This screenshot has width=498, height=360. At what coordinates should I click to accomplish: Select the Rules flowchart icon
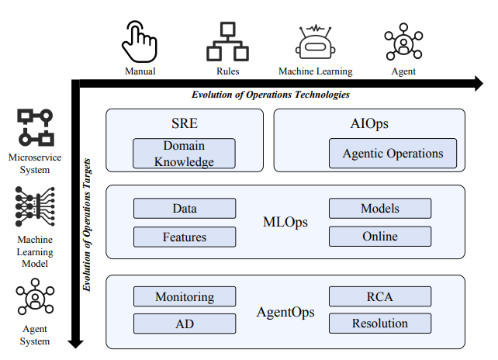pyautogui.click(x=227, y=42)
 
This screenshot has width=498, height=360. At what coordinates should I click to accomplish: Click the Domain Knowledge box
pyautogui.click(x=184, y=154)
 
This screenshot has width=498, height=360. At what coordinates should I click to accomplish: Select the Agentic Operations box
pyautogui.click(x=393, y=154)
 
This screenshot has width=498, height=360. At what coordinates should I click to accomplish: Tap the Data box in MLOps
pyautogui.click(x=184, y=209)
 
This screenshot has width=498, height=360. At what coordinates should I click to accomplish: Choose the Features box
pyautogui.click(x=184, y=237)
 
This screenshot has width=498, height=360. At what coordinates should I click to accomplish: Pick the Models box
pyautogui.click(x=379, y=209)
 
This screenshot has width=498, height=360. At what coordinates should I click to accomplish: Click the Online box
pyautogui.click(x=379, y=237)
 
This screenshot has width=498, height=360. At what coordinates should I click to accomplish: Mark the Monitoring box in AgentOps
pyautogui.click(x=184, y=297)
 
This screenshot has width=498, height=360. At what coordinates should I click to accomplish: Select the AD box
pyautogui.click(x=184, y=324)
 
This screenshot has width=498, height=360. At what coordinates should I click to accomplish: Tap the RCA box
pyautogui.click(x=379, y=297)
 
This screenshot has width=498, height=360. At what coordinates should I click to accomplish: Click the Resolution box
pyautogui.click(x=379, y=324)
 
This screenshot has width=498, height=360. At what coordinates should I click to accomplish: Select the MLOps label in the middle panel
pyautogui.click(x=285, y=223)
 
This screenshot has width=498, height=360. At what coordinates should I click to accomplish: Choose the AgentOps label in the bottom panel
pyautogui.click(x=285, y=313)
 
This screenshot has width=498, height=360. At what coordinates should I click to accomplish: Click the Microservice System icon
pyautogui.click(x=35, y=128)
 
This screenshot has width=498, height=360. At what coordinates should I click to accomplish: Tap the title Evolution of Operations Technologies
pyautogui.click(x=270, y=95)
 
